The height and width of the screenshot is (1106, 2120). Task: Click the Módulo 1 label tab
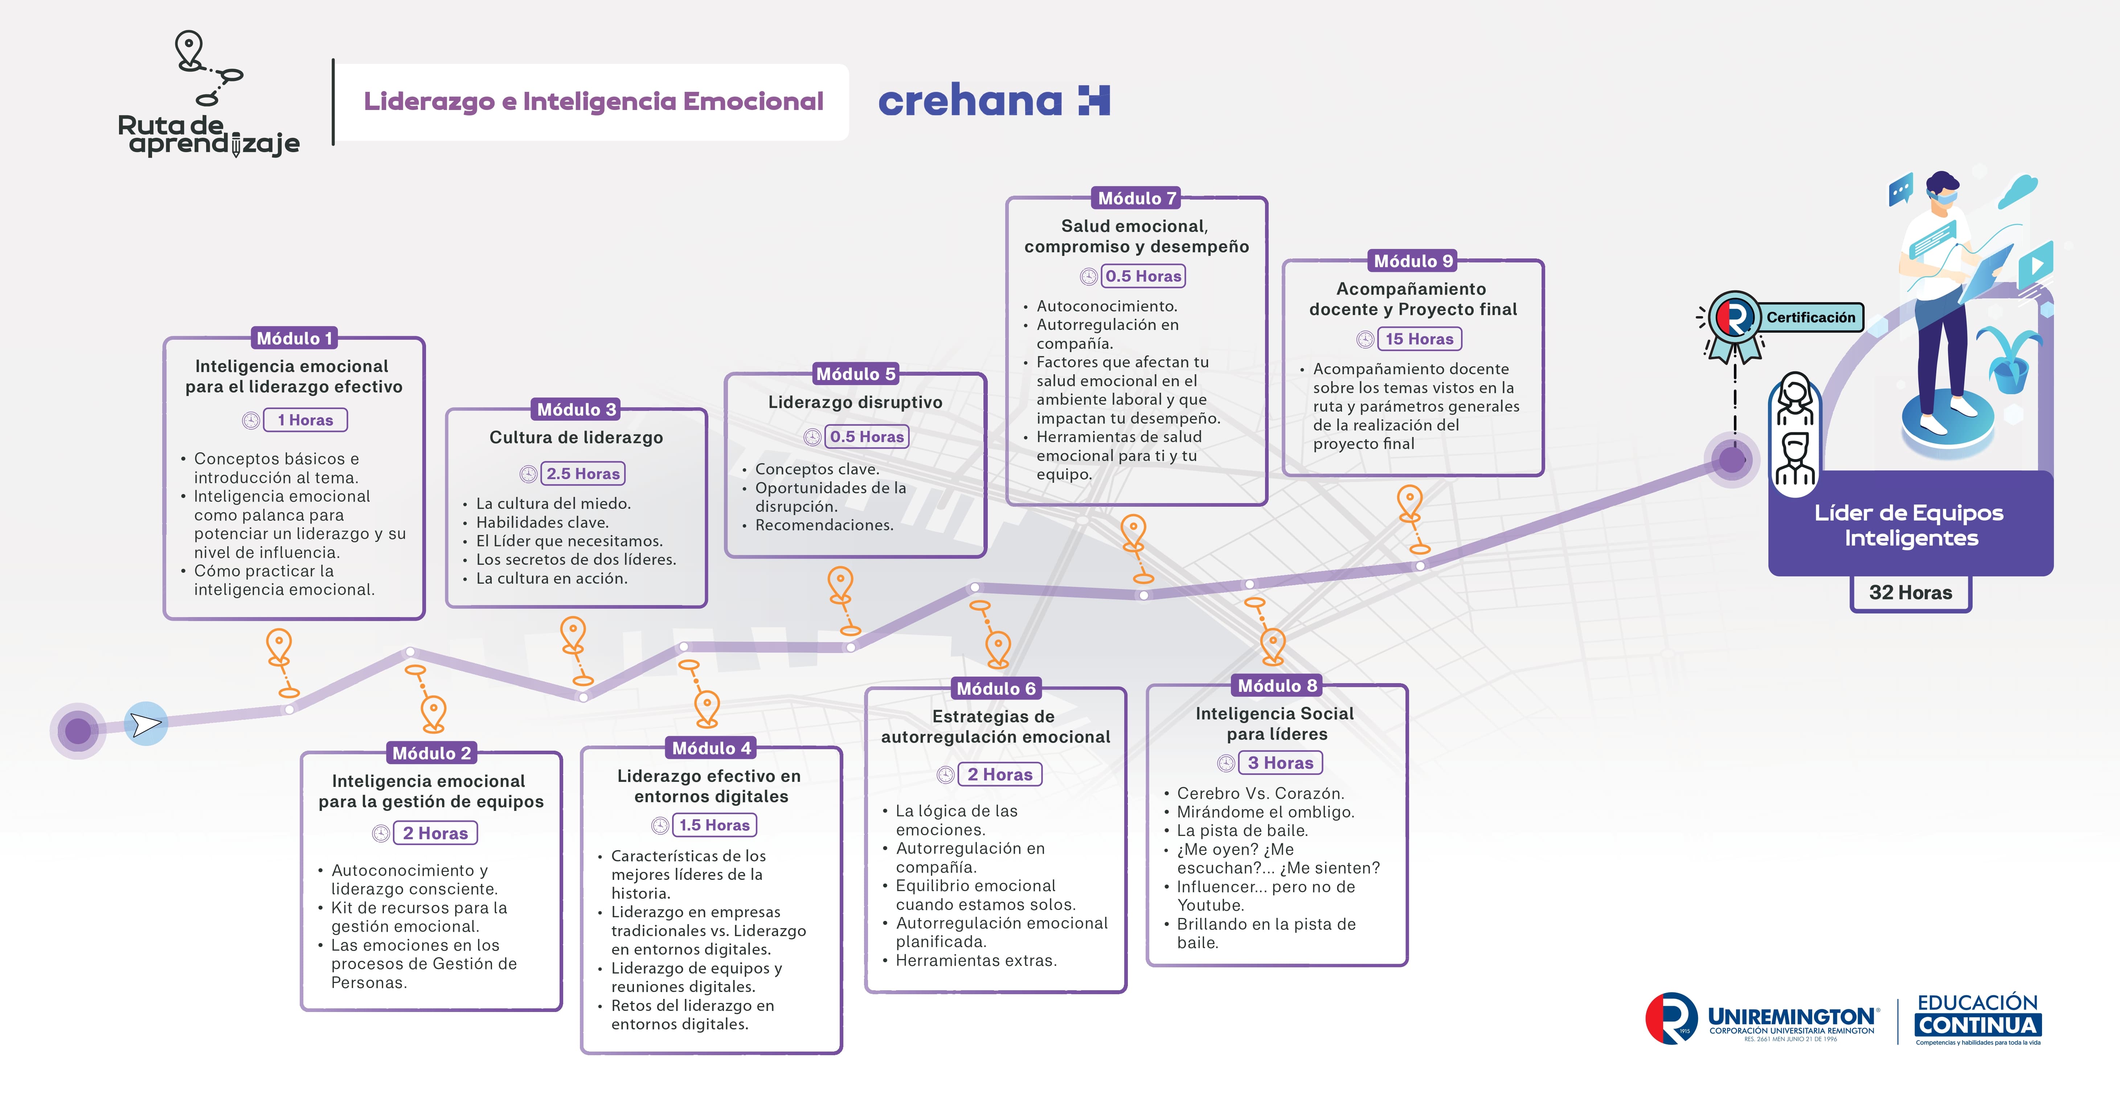295,338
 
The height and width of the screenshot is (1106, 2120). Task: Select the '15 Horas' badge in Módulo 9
1419,339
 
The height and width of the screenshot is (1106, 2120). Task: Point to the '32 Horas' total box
1910,592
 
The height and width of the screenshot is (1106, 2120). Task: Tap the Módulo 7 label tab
1137,198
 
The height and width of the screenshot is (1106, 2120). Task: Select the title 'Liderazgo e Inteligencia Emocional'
593,101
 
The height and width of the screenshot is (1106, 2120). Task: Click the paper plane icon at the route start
146,724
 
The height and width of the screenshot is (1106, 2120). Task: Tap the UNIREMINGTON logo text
1792,1017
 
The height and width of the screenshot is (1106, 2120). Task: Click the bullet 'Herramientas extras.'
976,960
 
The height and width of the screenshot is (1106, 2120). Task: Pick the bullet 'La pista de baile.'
1242,830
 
